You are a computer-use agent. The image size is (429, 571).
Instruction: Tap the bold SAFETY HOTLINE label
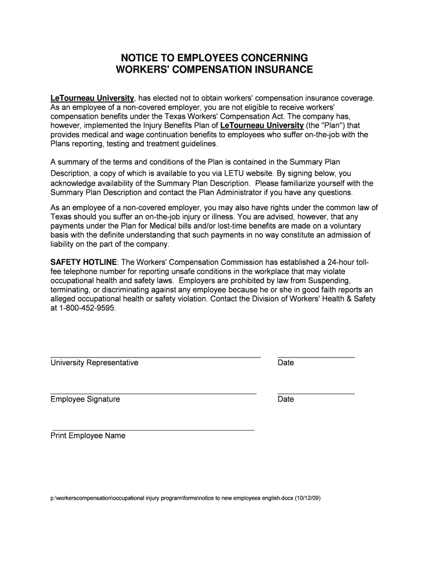[x=84, y=262]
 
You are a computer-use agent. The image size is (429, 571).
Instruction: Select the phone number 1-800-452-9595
[x=87, y=307]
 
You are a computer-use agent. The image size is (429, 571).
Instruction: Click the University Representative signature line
[x=155, y=356]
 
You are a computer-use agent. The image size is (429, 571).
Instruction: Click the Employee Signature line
[x=153, y=393]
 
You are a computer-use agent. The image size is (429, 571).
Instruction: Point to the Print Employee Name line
[x=152, y=430]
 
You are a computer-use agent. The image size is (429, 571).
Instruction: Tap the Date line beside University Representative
[x=316, y=356]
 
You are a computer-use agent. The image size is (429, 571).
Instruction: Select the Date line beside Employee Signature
[x=316, y=393]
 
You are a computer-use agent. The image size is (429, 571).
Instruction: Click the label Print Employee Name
[x=88, y=436]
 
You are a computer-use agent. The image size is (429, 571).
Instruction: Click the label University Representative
[x=94, y=363]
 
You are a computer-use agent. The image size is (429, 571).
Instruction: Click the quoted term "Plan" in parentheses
[x=334, y=125]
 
